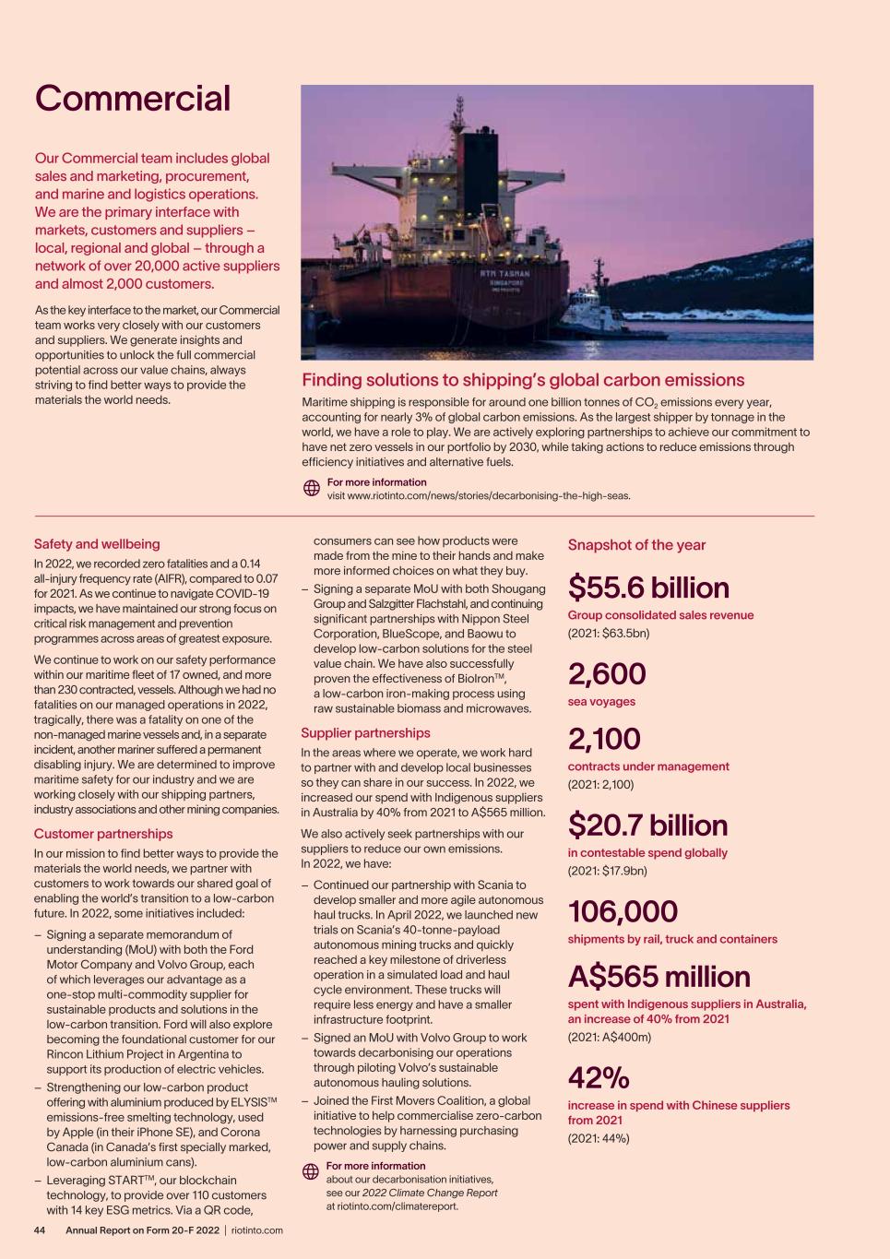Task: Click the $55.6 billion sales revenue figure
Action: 648,588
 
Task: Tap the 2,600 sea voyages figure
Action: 607,674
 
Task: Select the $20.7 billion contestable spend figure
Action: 647,825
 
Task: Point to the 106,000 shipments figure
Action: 623,911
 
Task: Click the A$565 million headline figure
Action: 659,977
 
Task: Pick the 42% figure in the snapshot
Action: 599,1077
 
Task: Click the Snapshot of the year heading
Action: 636,545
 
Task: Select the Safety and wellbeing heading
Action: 97,544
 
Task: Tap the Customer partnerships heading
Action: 103,834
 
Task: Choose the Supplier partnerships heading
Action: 365,733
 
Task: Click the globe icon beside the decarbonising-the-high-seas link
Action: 312,489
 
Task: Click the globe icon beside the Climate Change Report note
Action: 311,1171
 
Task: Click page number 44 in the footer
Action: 40,1230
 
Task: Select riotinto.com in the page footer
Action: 257,1230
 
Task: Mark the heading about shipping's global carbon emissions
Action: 523,380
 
